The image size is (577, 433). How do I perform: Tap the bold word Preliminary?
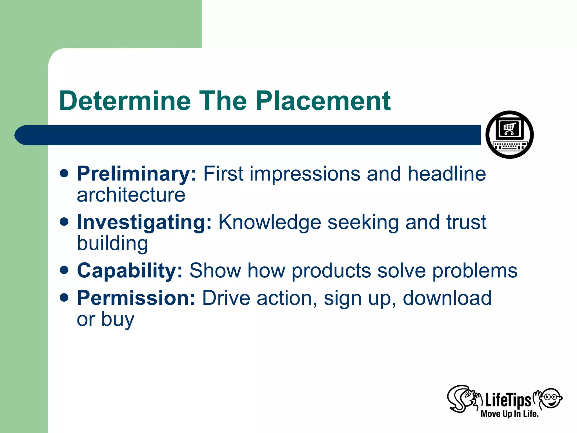pos(136,174)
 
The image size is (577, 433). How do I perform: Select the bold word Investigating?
pos(144,222)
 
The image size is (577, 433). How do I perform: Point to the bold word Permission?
pos(136,298)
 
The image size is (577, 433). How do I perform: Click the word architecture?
pos(131,195)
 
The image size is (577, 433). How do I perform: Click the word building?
pos(112,244)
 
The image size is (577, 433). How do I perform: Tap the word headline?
pos(447,174)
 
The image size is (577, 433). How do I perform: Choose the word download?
pos(447,298)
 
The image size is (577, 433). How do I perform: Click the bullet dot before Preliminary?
pos(64,173)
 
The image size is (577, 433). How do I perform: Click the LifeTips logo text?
pos(508,401)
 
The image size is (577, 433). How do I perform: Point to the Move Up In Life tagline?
pos(509,414)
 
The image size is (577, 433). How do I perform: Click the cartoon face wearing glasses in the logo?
pos(551,398)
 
